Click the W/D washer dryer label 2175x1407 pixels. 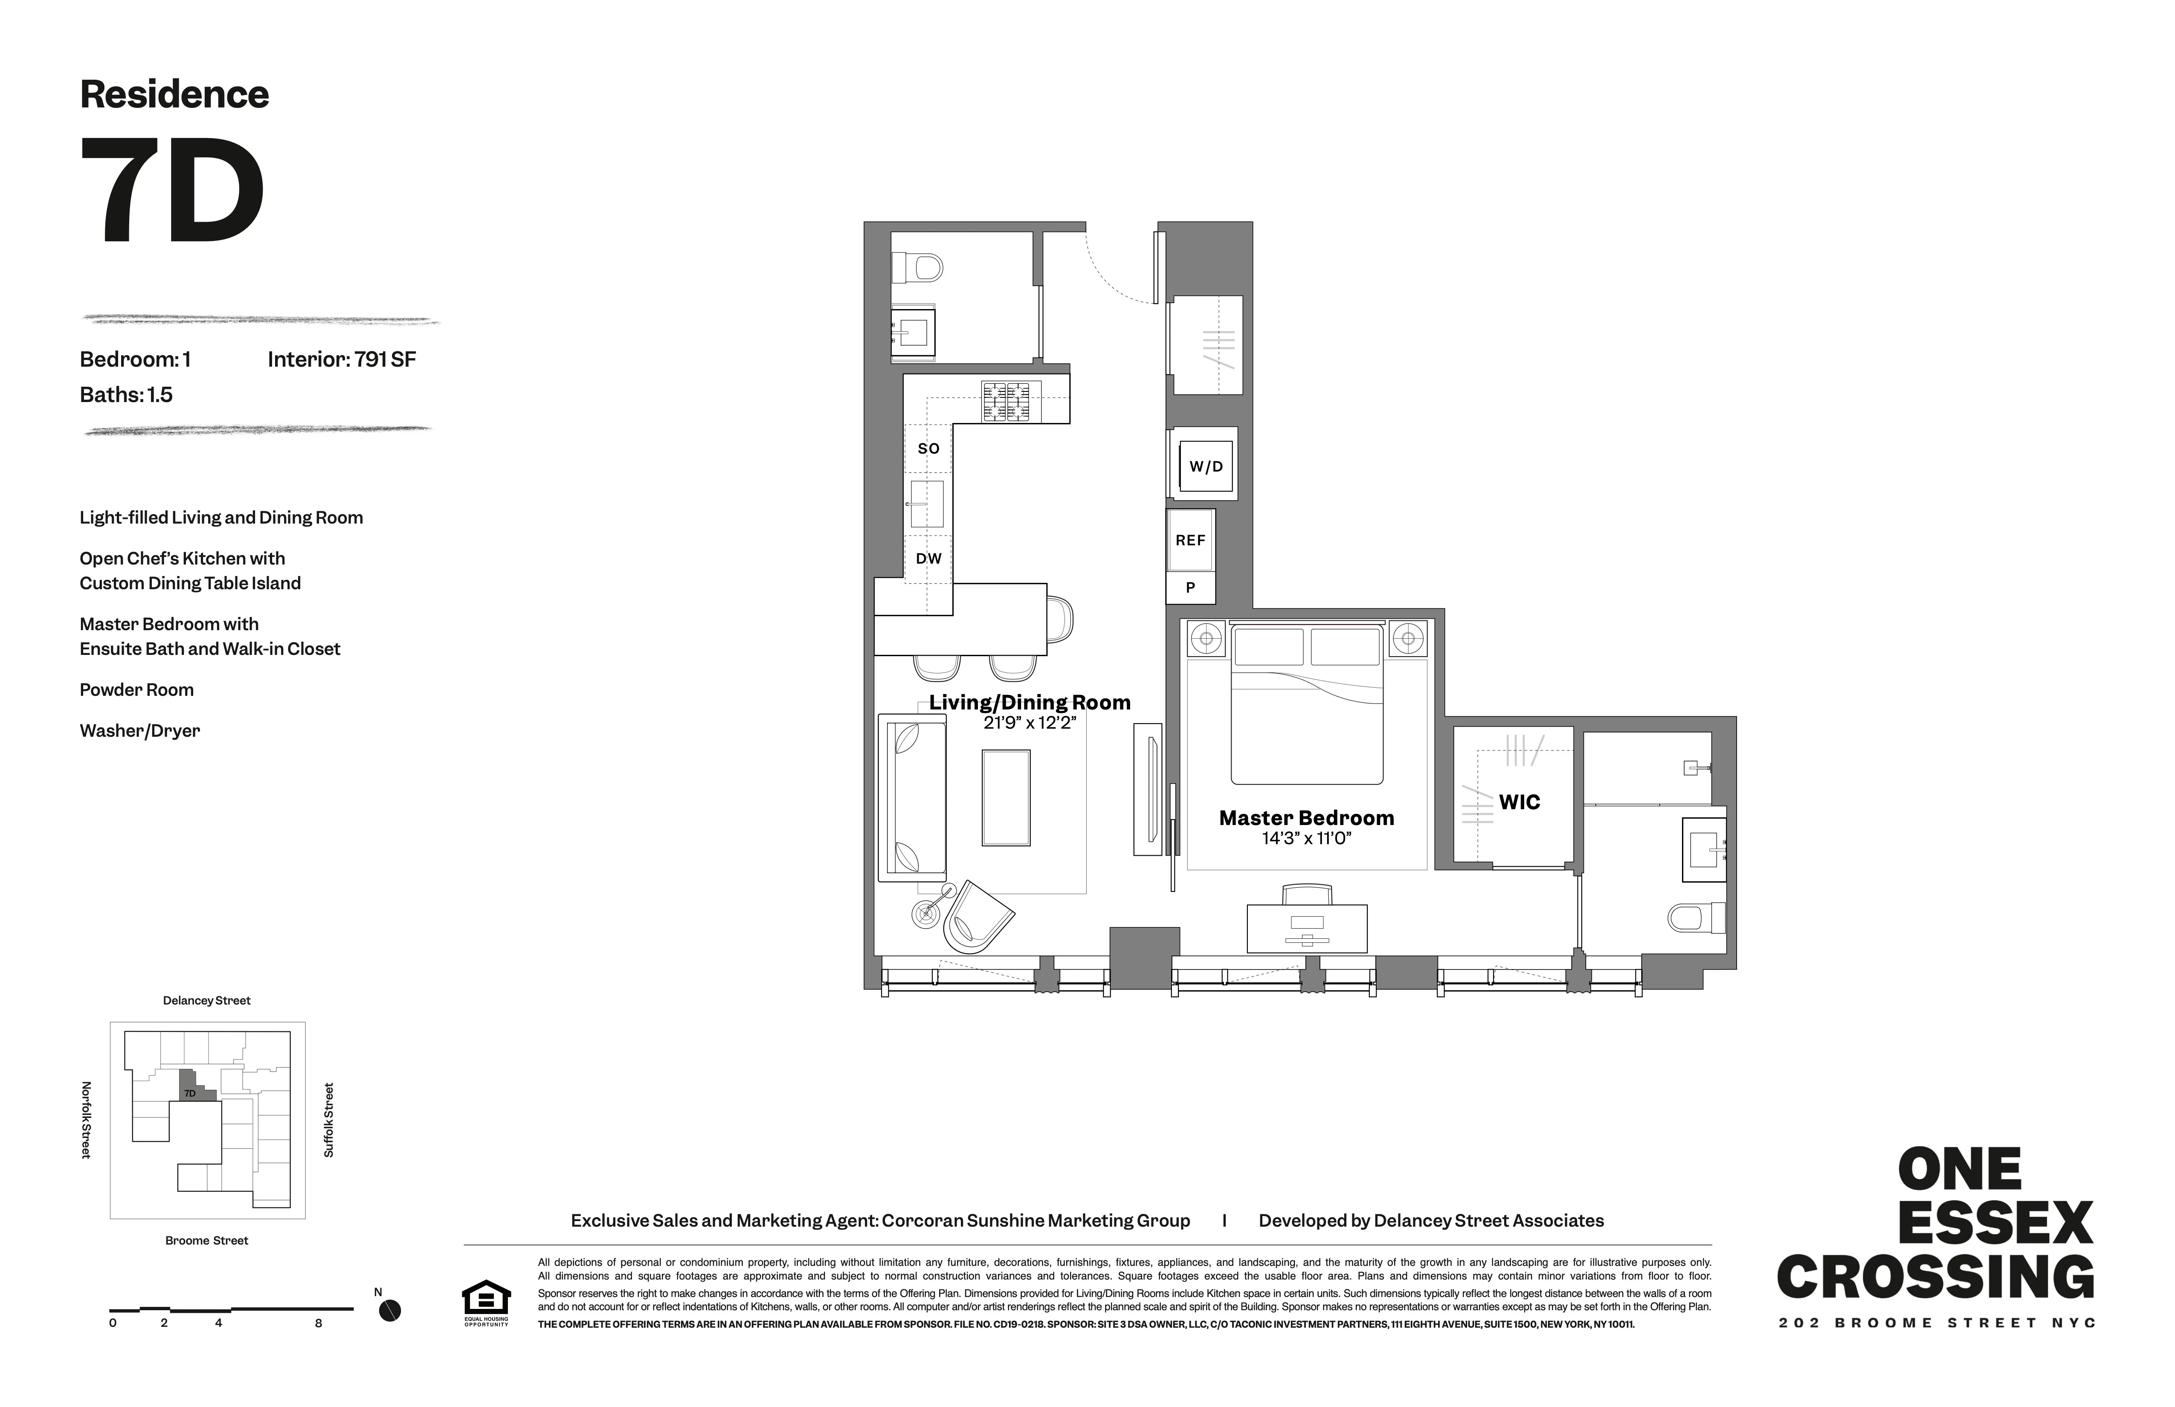click(1205, 467)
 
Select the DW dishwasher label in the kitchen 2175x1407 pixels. click(928, 558)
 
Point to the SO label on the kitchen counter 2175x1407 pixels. click(928, 449)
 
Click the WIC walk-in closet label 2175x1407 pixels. click(1519, 802)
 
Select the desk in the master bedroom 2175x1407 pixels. click(1307, 928)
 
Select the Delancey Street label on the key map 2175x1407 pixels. click(206, 1000)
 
